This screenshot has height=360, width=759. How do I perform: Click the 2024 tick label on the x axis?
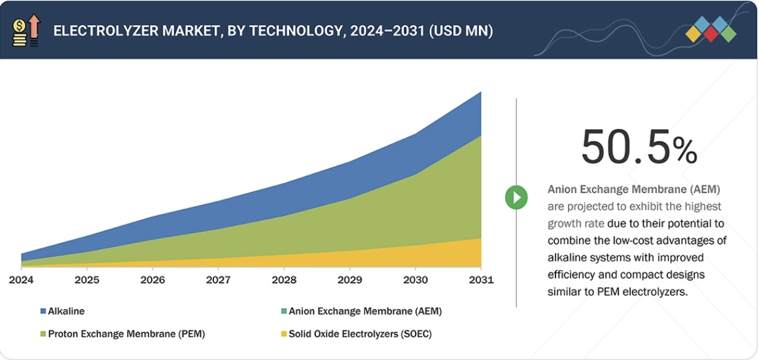click(x=21, y=280)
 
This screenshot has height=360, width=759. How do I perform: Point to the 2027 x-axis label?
click(x=218, y=280)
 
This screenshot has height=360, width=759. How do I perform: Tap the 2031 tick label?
click(x=481, y=280)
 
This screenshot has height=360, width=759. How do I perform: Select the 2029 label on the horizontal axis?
click(x=349, y=280)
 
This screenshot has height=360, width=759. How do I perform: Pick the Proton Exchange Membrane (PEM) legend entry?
click(x=126, y=334)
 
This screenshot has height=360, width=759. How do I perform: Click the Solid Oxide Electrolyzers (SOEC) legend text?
click(x=360, y=334)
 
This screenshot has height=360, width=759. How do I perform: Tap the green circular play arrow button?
click(x=516, y=197)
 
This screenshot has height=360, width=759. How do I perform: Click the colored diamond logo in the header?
click(x=711, y=30)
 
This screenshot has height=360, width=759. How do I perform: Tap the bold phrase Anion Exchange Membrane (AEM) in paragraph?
click(x=633, y=190)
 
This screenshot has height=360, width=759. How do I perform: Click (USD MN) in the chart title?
click(x=461, y=31)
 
